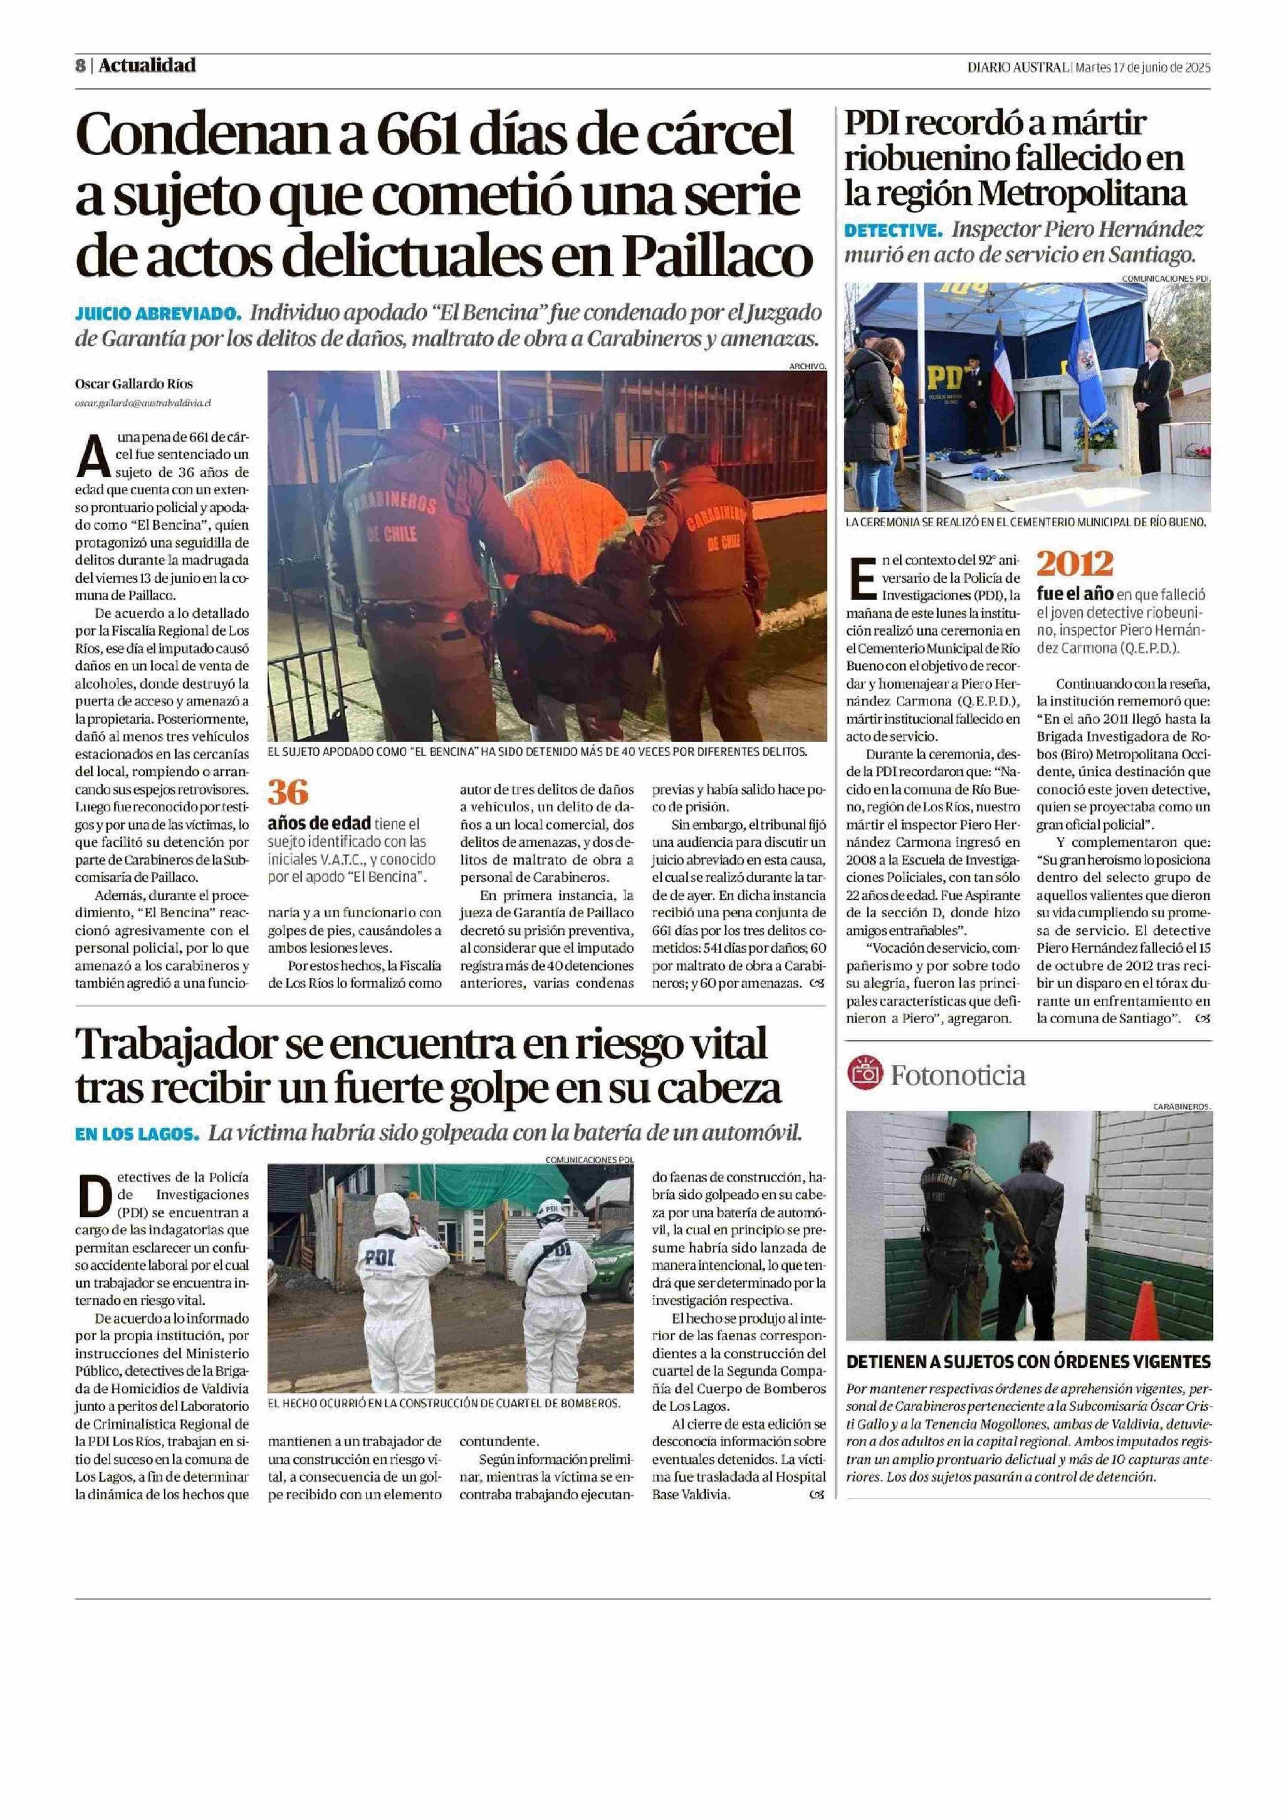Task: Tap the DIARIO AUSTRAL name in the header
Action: pyautogui.click(x=1017, y=67)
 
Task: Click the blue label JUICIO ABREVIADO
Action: pyautogui.click(x=157, y=313)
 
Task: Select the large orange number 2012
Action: pyautogui.click(x=1075, y=564)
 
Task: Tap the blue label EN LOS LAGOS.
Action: pyautogui.click(x=136, y=1134)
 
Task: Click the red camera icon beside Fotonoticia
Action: pyautogui.click(x=864, y=1075)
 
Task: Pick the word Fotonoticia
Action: pyautogui.click(x=958, y=1075)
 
